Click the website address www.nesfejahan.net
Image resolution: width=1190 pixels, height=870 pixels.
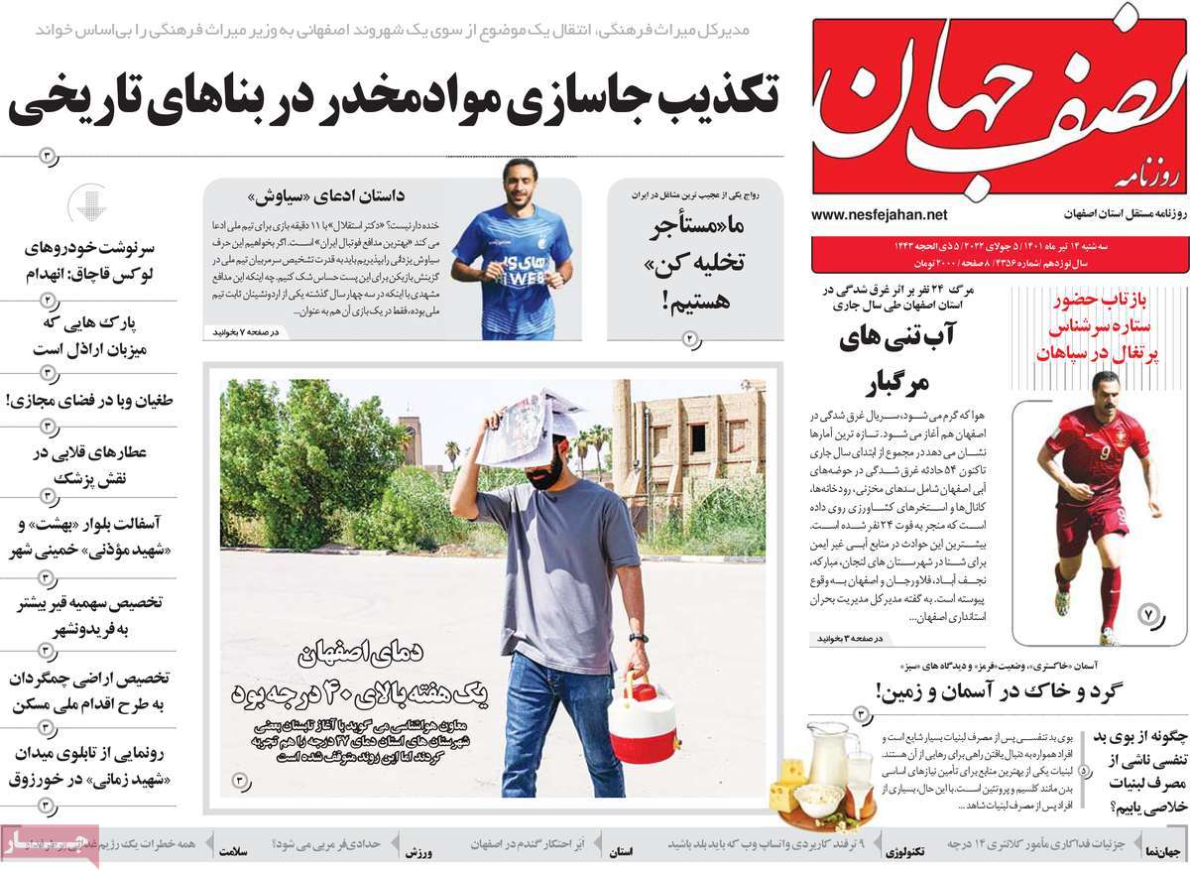coord(879,214)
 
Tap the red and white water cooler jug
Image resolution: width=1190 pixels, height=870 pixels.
coord(642,715)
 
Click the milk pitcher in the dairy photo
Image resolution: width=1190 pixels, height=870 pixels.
coord(827,762)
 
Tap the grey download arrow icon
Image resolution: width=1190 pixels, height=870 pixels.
coord(88,204)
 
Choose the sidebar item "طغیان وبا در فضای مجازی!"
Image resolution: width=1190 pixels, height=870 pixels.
coord(89,401)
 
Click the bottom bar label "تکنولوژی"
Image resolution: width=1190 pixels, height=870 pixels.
coord(907,852)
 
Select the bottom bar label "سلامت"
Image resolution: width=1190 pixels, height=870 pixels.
coord(227,852)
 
